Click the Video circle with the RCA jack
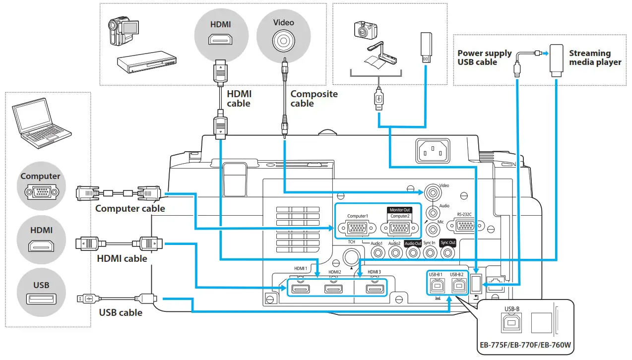point(283,34)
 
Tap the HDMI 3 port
point(375,289)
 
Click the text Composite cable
point(314,99)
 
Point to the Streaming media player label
point(595,58)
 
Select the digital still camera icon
point(366,31)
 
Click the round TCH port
point(352,256)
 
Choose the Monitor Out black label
point(400,210)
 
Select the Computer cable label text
point(130,208)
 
